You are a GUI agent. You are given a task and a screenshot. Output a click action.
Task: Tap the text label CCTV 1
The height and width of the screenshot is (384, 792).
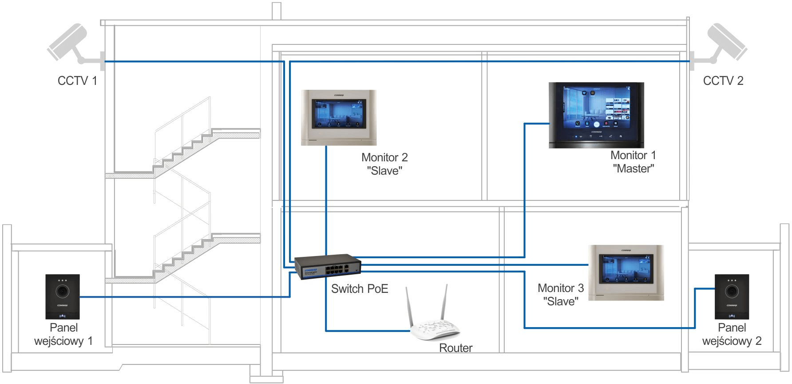[x=77, y=81]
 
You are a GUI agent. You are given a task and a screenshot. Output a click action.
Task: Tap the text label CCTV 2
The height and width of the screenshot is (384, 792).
[x=723, y=81]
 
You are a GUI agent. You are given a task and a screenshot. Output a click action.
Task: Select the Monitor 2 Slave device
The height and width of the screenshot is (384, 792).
[x=339, y=117]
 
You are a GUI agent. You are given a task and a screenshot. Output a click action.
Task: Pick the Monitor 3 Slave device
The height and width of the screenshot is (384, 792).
[x=626, y=272]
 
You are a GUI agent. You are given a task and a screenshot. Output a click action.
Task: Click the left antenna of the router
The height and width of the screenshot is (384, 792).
[x=410, y=307]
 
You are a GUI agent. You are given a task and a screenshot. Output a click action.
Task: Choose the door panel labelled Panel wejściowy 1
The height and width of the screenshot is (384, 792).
[x=63, y=296]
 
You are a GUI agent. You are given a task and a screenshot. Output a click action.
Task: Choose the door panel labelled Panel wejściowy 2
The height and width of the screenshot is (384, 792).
[x=732, y=296]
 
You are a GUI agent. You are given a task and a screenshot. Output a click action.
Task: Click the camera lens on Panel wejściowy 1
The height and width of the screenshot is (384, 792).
[x=63, y=291]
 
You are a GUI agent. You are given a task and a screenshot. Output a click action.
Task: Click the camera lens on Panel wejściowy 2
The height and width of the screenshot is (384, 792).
[x=732, y=291]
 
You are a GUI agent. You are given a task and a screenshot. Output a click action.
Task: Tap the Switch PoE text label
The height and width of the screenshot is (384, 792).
[x=360, y=289]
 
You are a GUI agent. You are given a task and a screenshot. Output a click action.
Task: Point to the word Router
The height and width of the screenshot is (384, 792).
[x=455, y=348]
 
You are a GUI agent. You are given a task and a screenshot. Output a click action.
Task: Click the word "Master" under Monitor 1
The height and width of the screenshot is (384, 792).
[x=634, y=169]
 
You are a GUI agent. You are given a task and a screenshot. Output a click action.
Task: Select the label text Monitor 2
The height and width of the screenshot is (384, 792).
[x=384, y=158]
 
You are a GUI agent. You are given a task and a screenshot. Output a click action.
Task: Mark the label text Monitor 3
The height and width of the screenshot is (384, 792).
[x=561, y=288]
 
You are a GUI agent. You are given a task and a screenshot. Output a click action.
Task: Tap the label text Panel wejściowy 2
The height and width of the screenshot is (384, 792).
[x=732, y=334]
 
